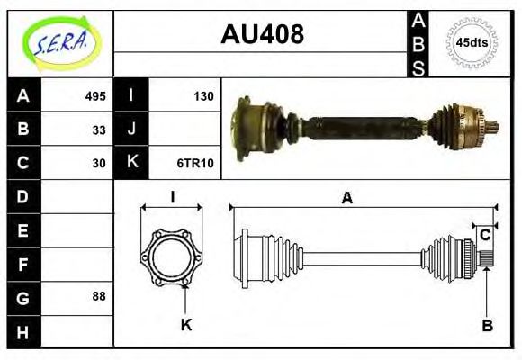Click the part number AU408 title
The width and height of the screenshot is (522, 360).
pyautogui.click(x=262, y=35)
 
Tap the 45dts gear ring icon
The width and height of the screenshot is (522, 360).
pyautogui.click(x=472, y=42)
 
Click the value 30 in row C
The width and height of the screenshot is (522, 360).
pyautogui.click(x=99, y=163)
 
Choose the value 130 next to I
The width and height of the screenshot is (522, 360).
pyautogui.click(x=202, y=96)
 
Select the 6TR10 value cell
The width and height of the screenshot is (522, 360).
pyautogui.click(x=195, y=163)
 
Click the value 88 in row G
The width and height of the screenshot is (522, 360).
pyautogui.click(x=99, y=296)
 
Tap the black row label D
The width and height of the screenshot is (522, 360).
pyautogui.click(x=23, y=196)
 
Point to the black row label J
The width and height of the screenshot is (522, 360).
pyautogui.click(x=131, y=130)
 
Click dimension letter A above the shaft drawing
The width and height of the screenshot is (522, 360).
pyautogui.click(x=346, y=199)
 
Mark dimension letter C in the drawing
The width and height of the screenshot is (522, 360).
pyautogui.click(x=485, y=235)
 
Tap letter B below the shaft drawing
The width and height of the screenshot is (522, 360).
pyautogui.click(x=486, y=326)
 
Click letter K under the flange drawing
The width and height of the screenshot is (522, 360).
pyautogui.click(x=186, y=326)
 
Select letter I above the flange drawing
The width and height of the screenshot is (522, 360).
pyautogui.click(x=171, y=198)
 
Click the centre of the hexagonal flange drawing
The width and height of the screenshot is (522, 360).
pyautogui.click(x=171, y=258)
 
